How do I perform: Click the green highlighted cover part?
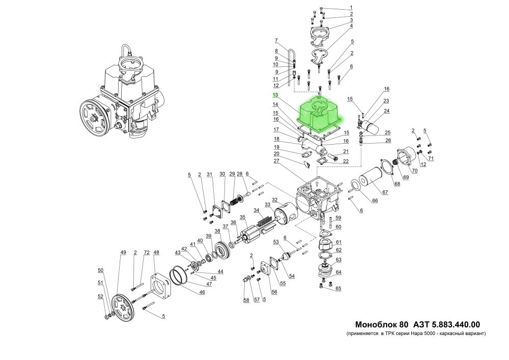[321, 116]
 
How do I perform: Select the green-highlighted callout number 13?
[275, 95]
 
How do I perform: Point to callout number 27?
[276, 161]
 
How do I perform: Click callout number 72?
[146, 253]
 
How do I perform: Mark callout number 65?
[338, 289]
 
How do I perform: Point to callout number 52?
[100, 296]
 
